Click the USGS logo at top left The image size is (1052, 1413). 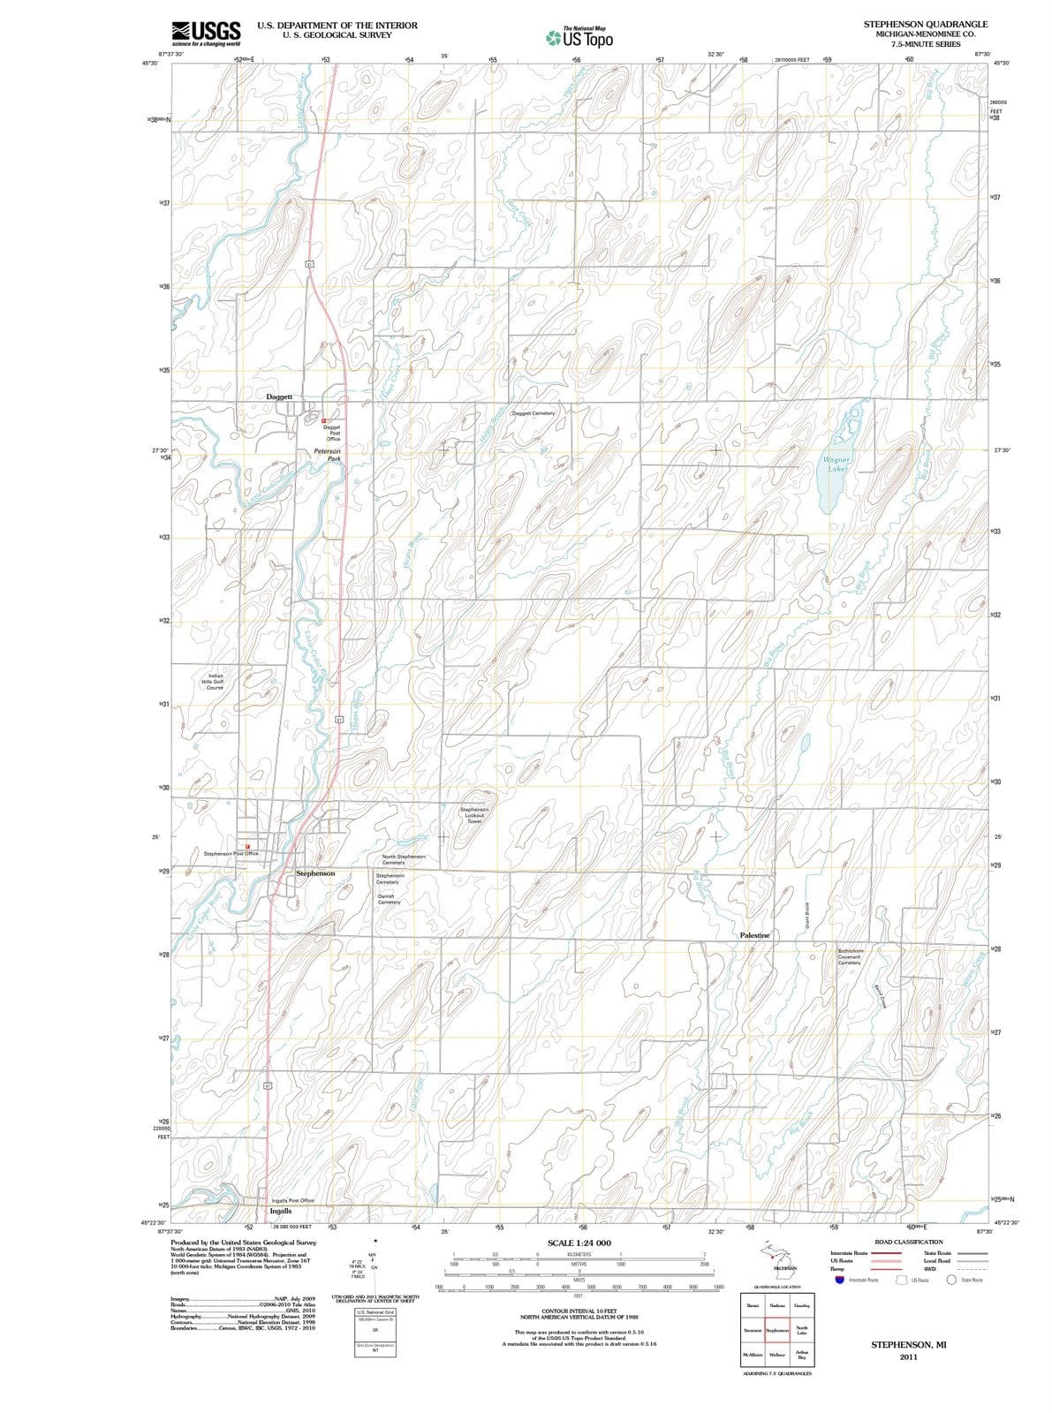[x=205, y=32]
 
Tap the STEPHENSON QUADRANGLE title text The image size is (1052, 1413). [x=926, y=25]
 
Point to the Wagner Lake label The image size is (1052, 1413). [x=836, y=465]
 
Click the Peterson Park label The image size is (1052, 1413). [x=328, y=455]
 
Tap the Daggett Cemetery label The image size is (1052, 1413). [x=534, y=413]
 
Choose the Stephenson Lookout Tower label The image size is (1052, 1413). [x=474, y=815]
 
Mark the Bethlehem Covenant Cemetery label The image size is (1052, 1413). [x=855, y=956]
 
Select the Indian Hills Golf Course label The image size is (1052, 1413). [x=215, y=681]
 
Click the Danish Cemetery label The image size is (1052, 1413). [x=389, y=899]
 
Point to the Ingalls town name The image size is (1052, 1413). [x=281, y=1211]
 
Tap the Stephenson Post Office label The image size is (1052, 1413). [x=231, y=854]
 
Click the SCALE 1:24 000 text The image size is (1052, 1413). [x=579, y=1243]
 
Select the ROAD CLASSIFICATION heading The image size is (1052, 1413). [x=908, y=1242]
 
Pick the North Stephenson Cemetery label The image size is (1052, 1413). [x=404, y=859]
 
